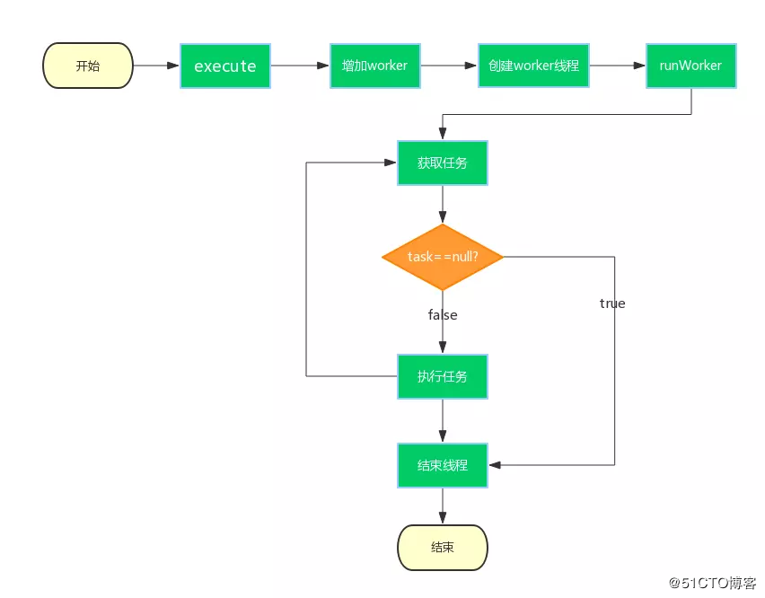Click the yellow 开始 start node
[x=88, y=66]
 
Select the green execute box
[x=225, y=66]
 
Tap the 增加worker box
[x=374, y=66]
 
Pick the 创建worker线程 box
[x=533, y=66]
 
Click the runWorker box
[x=690, y=66]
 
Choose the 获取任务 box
[x=442, y=163]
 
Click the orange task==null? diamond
[x=442, y=257]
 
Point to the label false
[x=442, y=315]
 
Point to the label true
[x=612, y=303]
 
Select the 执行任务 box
[x=442, y=376]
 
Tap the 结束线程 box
[x=442, y=465]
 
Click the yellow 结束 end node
[x=442, y=547]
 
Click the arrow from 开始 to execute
[x=156, y=66]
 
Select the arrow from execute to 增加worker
[x=300, y=66]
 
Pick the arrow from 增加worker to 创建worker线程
[x=448, y=66]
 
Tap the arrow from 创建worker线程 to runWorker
[x=617, y=66]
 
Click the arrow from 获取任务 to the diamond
[x=442, y=205]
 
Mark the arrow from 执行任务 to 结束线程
[x=442, y=420]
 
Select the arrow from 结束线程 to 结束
[x=442, y=506]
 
